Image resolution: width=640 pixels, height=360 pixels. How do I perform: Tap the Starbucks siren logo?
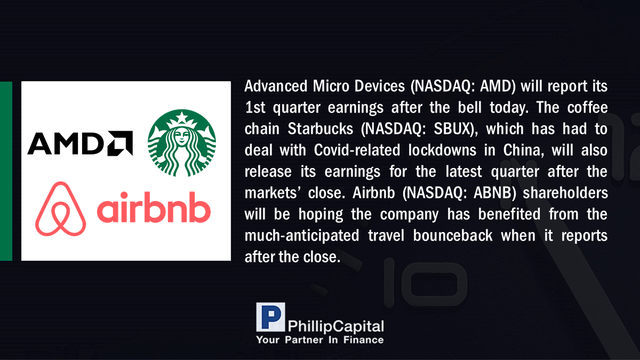(182, 143)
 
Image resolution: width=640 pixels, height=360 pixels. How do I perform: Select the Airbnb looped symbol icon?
(61, 209)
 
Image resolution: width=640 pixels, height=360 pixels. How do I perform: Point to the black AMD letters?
(66, 143)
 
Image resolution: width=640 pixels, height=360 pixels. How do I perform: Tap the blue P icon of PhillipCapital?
(270, 317)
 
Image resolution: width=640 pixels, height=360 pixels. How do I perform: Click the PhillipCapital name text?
(335, 326)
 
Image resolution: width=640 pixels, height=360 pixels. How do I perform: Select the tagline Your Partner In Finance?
(319, 340)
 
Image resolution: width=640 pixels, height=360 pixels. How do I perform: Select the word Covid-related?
(357, 150)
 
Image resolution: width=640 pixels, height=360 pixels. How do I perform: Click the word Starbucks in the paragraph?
(321, 129)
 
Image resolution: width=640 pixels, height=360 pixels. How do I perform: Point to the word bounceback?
(453, 235)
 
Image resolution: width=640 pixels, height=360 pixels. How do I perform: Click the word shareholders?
(565, 193)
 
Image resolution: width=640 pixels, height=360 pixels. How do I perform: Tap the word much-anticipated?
(302, 236)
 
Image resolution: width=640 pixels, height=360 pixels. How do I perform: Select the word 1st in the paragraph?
(255, 107)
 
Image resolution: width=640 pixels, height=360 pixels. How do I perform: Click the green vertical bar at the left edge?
(6, 171)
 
